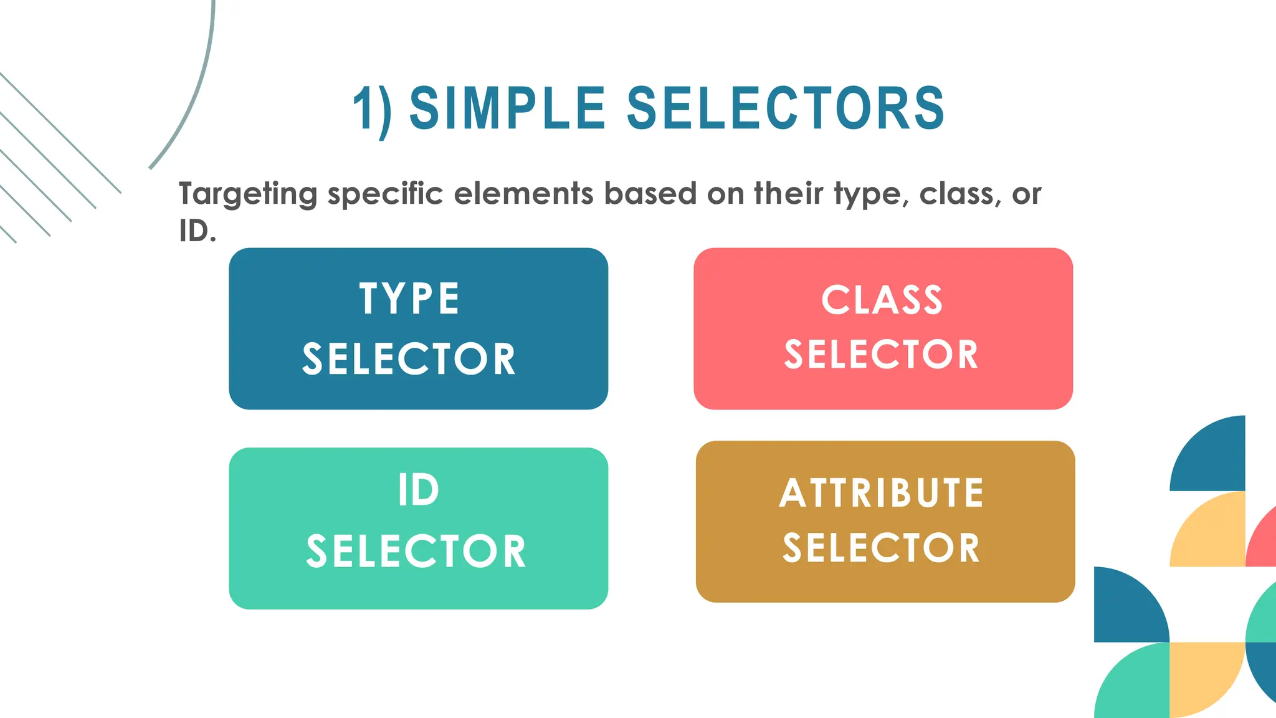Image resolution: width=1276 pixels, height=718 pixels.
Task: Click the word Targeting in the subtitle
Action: coord(248,194)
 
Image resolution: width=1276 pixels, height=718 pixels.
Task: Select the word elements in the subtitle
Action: coord(523,193)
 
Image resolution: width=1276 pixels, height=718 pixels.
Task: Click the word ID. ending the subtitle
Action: coord(198,231)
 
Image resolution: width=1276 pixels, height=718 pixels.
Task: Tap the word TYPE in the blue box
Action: coord(409,299)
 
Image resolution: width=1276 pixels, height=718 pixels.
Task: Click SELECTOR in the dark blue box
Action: coord(409,359)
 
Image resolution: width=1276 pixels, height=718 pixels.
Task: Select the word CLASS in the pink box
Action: coord(882,300)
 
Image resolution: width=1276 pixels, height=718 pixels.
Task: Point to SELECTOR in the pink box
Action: coord(882,355)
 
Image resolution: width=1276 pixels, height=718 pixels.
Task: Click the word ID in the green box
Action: coord(418,490)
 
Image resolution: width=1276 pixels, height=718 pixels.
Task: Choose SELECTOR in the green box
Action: coord(416,551)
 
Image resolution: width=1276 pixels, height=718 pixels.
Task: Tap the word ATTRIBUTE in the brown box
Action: coord(882,493)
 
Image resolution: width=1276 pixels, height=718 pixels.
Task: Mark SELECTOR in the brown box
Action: coord(882,548)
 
